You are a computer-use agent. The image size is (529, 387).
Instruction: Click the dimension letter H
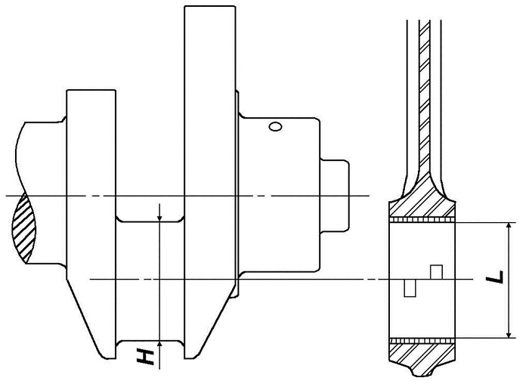point(145,357)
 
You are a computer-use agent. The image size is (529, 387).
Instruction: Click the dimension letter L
point(494,277)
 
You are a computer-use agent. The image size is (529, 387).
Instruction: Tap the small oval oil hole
point(275,126)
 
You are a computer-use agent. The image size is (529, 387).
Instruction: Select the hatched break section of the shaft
point(23,228)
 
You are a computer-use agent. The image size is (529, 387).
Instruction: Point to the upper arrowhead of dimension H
point(159,218)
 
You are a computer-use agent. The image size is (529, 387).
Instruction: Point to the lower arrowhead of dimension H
point(159,344)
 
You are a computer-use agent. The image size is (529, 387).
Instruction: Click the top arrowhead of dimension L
point(509,227)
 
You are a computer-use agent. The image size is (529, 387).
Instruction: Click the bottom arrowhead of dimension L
point(509,333)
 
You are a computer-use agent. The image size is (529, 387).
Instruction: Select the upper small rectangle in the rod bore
point(436,272)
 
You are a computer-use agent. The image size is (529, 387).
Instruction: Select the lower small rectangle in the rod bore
point(410,288)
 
